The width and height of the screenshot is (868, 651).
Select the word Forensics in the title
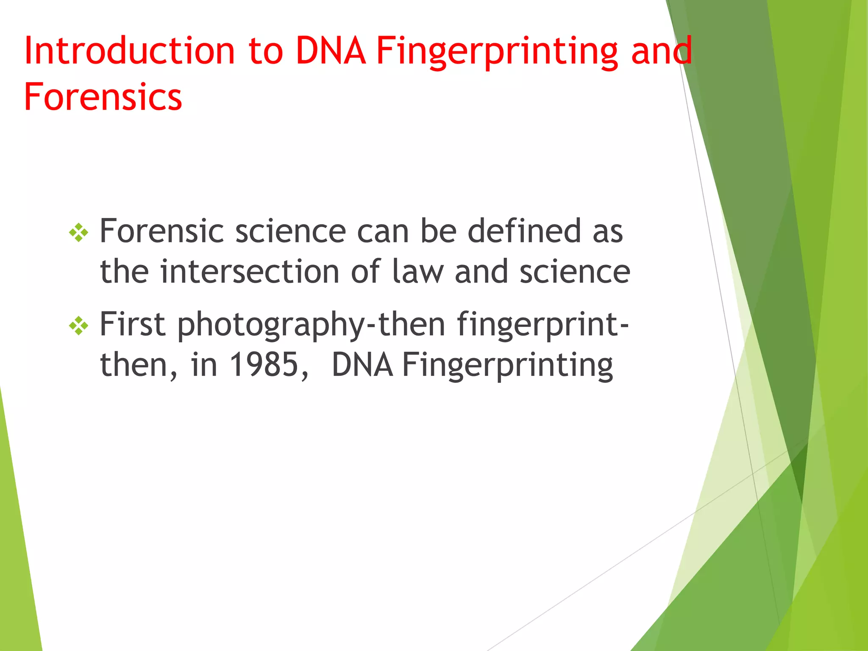103,97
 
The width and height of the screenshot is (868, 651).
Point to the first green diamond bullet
79,232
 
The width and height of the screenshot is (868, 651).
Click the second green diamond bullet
79,325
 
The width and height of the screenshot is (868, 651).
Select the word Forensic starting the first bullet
161,231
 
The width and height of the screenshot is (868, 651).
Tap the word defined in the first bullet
524,231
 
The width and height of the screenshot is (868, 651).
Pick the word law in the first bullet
417,272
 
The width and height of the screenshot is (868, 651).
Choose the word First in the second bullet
132,324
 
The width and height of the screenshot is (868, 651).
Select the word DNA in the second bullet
362,365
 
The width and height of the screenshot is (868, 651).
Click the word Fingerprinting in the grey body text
507,366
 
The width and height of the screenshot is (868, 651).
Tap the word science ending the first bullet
575,272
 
